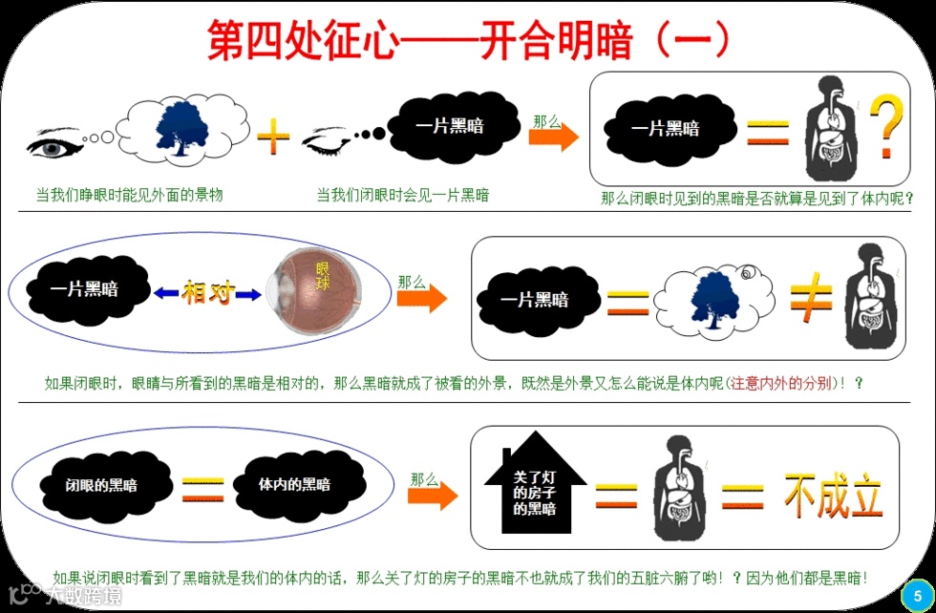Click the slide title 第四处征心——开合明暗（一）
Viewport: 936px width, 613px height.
tap(468, 39)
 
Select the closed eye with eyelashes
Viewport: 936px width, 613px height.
tap(330, 143)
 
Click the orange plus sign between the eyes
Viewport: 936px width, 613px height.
tap(273, 138)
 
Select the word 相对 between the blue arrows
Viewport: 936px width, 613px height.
tap(208, 293)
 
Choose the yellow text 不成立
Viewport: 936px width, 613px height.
tap(833, 495)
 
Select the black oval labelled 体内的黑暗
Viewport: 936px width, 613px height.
tap(293, 484)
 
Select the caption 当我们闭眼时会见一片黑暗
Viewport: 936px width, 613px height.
tap(403, 195)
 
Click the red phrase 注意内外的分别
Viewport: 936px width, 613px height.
tap(781, 384)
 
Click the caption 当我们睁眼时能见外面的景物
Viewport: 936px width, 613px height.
tap(130, 195)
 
